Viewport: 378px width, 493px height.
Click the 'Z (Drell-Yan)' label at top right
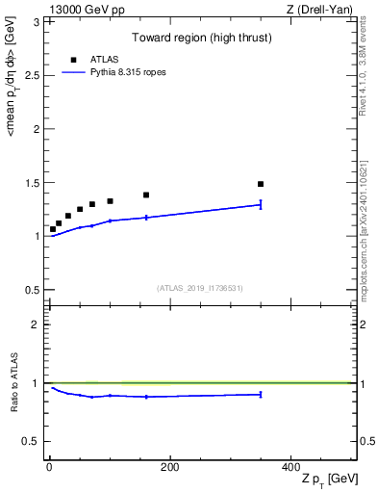click(x=319, y=9)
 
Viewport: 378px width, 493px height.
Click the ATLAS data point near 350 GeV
click(x=261, y=184)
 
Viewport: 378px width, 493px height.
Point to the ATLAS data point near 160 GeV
click(x=146, y=195)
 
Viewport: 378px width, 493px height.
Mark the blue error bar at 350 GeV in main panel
click(x=261, y=204)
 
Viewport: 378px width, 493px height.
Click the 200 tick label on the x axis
click(x=169, y=467)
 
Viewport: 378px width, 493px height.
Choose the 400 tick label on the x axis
click(x=290, y=467)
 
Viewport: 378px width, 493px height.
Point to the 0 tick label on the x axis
click(x=49, y=467)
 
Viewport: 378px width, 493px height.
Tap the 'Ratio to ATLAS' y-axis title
click(x=14, y=383)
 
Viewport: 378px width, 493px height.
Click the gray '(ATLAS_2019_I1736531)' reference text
click(x=200, y=288)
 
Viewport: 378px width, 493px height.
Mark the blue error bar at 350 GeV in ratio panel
click(x=261, y=394)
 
